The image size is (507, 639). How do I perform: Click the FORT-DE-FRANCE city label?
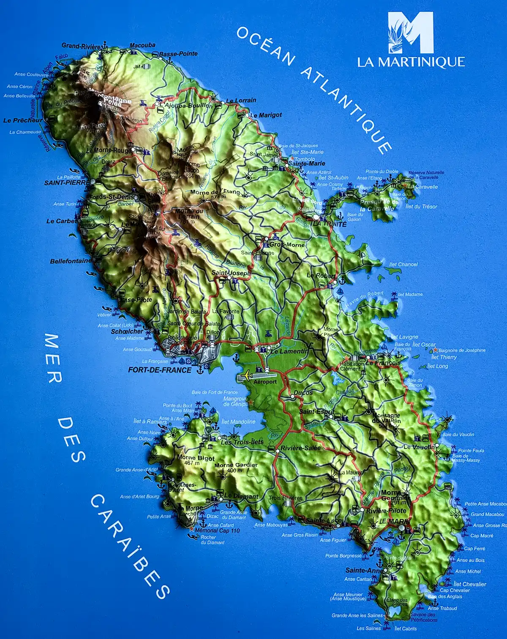(160, 370)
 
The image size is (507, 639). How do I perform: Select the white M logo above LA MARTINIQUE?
(411, 33)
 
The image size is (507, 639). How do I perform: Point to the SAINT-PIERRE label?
(67, 183)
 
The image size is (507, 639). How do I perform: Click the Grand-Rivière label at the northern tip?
(81, 46)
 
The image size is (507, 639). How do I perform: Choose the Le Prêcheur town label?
(23, 120)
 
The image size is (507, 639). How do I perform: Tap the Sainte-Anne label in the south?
(364, 570)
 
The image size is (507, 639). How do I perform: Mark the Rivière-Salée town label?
(300, 448)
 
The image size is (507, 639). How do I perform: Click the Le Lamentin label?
(289, 351)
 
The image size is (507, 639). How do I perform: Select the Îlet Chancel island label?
(403, 264)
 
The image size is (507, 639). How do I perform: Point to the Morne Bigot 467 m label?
(196, 460)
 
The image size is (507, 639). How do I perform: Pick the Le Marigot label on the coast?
(266, 115)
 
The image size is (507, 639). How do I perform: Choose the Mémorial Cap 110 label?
(217, 530)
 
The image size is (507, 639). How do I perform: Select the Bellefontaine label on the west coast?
(70, 261)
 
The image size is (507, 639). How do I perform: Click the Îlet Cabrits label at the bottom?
(405, 628)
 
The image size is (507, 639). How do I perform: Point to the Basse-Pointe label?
(178, 54)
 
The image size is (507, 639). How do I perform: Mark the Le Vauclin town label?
(417, 447)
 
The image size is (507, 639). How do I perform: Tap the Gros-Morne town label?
(287, 245)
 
